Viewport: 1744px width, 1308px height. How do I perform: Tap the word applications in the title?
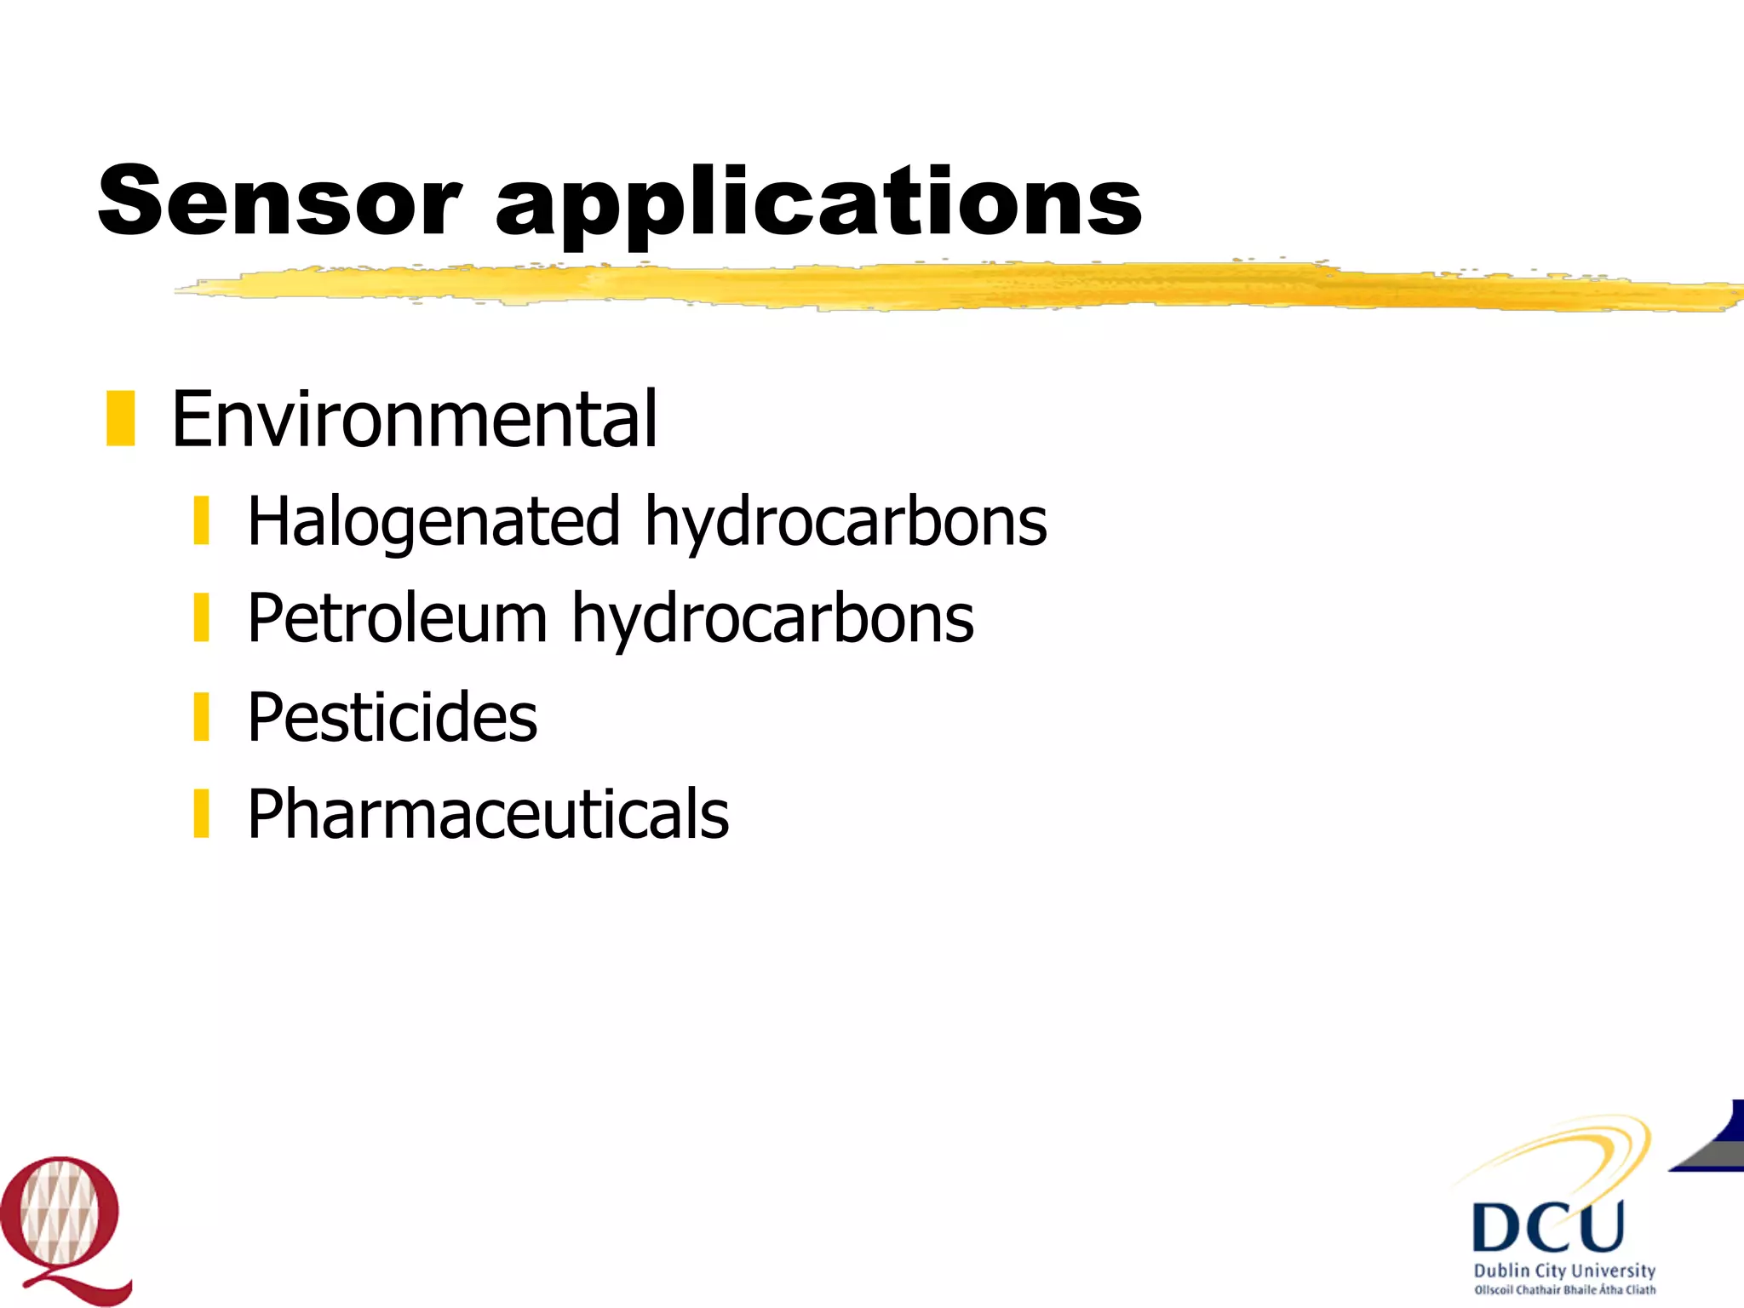coord(818,204)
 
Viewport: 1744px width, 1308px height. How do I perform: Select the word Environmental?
coord(414,419)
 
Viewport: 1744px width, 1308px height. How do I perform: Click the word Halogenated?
coord(433,521)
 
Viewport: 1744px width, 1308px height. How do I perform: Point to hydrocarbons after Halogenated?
coord(846,521)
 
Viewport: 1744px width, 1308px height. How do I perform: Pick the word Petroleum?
coord(397,618)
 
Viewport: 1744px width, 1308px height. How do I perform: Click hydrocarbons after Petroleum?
coord(772,618)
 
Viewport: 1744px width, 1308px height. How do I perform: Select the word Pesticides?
coord(392,717)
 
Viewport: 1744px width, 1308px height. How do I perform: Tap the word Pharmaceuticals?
coord(488,814)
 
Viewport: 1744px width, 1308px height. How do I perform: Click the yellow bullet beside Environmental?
coord(121,418)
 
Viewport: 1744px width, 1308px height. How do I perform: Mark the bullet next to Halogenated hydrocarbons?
coord(202,521)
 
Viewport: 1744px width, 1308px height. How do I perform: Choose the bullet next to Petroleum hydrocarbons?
coord(202,618)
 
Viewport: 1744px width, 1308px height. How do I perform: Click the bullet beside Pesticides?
coord(202,717)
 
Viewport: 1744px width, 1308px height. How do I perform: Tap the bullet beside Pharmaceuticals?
coord(202,814)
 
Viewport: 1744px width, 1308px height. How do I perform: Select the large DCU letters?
coord(1548,1226)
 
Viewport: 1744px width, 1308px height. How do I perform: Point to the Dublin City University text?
coord(1564,1271)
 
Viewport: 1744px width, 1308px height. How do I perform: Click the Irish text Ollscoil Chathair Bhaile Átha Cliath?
coord(1564,1290)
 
